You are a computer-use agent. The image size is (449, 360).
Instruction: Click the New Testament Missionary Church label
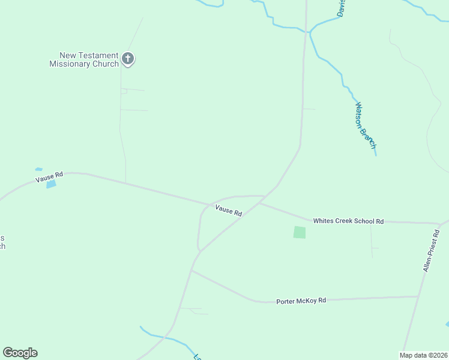click(84, 59)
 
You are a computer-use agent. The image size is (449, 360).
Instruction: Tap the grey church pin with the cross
click(127, 59)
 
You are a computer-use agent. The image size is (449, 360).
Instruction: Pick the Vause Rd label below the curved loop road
click(228, 210)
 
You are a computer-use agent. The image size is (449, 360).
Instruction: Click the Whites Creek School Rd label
click(348, 221)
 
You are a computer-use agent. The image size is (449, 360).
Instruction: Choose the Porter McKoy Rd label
click(301, 300)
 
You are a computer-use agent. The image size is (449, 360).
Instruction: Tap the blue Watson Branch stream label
click(365, 125)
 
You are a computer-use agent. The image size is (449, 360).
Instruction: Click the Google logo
click(20, 353)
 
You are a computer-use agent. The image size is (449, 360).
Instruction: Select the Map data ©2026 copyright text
click(423, 355)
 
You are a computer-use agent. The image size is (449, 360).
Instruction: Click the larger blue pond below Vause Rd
click(51, 184)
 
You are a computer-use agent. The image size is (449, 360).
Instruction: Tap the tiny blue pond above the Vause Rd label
click(39, 169)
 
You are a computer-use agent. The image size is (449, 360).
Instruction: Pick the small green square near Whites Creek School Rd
click(300, 232)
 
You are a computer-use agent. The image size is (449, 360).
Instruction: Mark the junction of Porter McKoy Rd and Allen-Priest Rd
click(418, 296)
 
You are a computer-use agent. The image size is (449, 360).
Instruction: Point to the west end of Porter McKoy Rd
click(191, 271)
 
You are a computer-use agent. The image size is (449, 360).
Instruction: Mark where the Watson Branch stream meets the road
click(307, 31)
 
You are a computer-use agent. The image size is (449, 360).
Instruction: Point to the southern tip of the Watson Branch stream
click(376, 155)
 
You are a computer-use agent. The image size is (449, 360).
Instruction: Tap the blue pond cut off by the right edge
click(447, 325)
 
